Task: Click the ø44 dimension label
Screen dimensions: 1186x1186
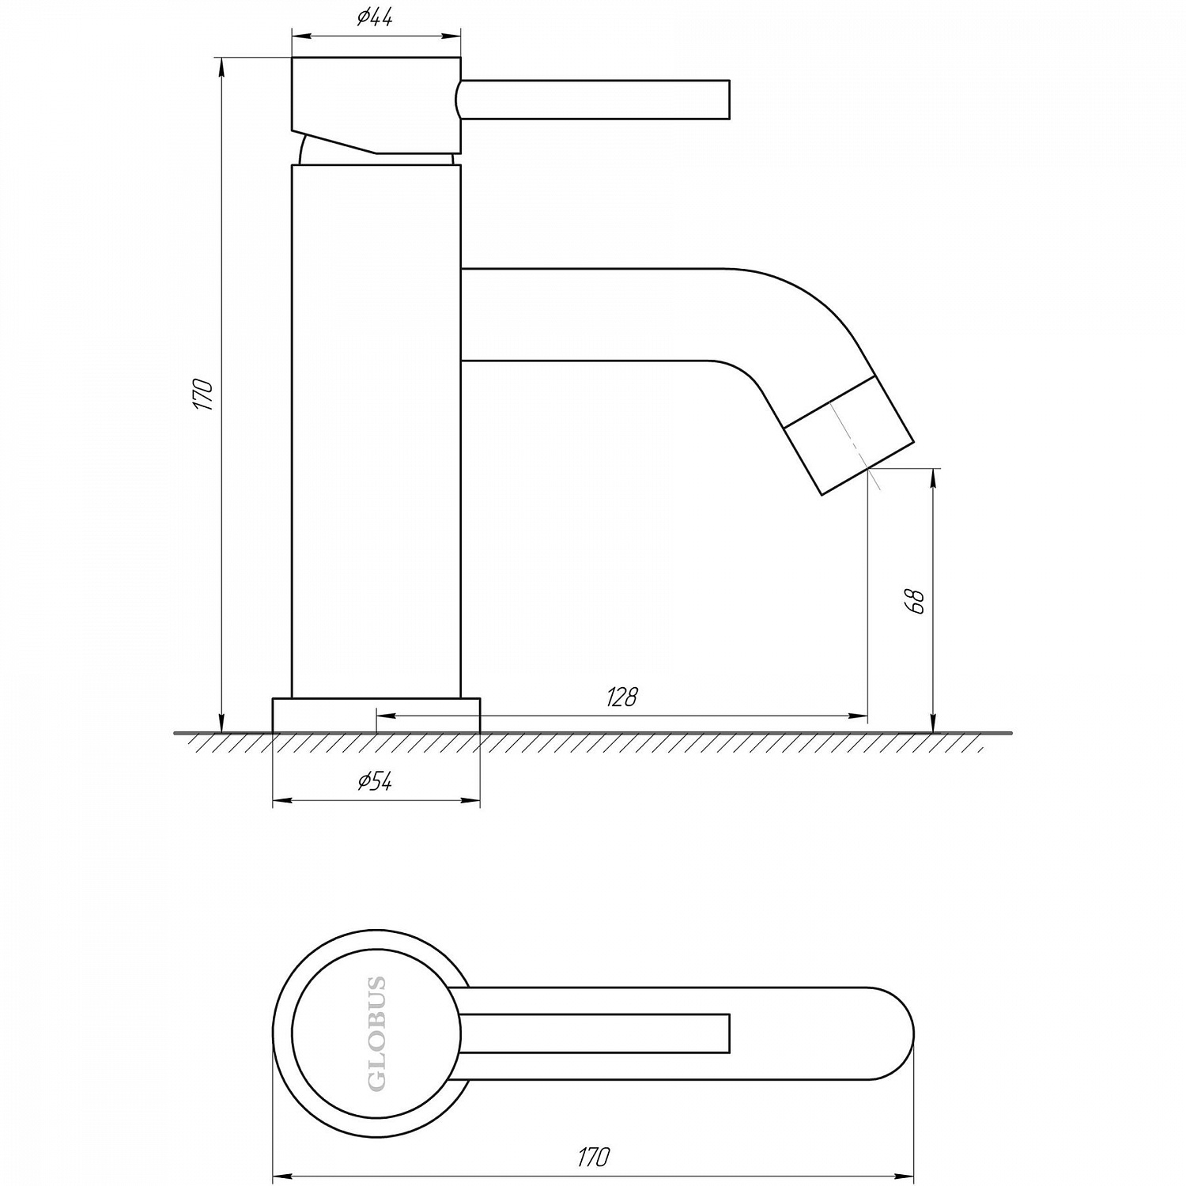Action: [375, 18]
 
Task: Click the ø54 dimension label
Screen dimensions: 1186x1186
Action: [375, 782]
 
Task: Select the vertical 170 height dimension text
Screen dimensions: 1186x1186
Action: [206, 395]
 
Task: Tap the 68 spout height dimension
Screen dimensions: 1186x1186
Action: [917, 600]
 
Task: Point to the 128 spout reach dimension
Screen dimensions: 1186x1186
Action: [621, 697]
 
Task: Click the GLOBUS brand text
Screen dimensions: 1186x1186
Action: [378, 1033]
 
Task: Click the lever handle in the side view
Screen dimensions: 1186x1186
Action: [593, 100]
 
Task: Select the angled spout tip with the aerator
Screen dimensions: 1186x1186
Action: [850, 436]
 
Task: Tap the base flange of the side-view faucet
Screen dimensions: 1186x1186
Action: [376, 715]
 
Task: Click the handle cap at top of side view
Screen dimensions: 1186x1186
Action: [376, 105]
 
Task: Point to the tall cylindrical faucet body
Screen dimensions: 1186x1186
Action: [376, 431]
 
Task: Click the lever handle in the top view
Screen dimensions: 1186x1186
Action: [593, 1033]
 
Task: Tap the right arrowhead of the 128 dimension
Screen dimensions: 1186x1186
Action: [859, 716]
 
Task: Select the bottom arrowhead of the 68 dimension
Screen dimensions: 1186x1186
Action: [935, 723]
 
